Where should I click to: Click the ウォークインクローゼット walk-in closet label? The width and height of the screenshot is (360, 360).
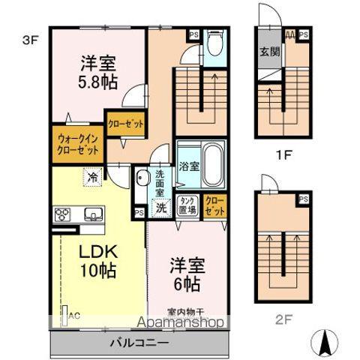pos(77,145)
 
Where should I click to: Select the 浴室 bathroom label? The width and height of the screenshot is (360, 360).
pos(188,166)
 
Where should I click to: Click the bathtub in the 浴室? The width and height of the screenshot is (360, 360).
pos(211,166)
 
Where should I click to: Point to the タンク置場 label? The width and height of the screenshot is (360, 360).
pos(187,205)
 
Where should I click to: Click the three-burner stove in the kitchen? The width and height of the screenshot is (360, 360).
pos(61,214)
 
